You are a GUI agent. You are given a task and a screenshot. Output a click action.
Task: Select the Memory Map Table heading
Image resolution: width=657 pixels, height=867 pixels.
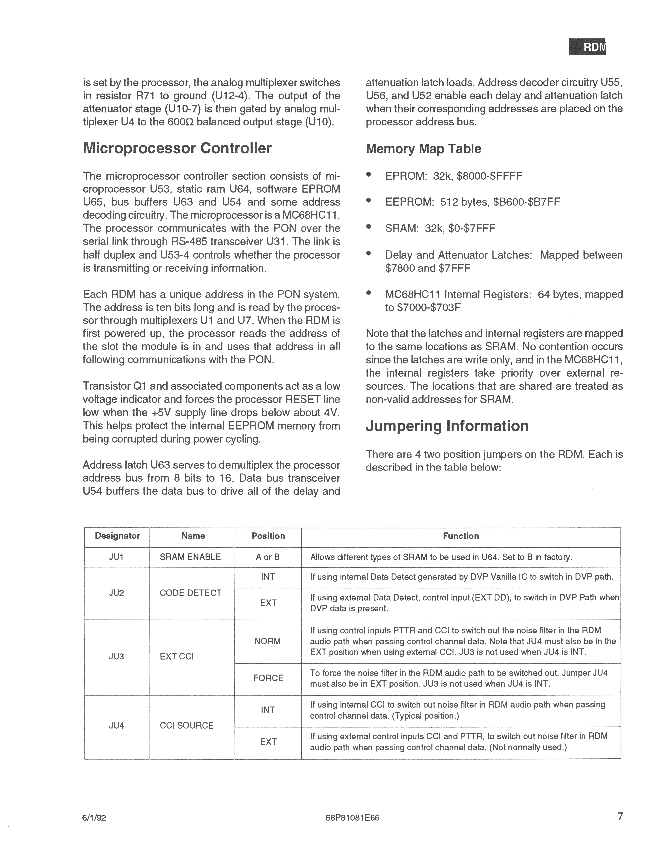tap(423, 149)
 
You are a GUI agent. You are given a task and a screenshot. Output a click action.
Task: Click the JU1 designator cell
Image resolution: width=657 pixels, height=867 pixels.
tap(116, 557)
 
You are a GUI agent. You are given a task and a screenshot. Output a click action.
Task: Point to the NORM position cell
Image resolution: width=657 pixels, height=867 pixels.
tap(268, 641)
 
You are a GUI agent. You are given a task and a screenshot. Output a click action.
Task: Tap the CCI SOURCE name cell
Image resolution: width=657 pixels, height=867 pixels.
tap(187, 725)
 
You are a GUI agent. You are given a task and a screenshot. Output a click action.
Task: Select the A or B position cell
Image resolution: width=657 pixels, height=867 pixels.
tap(268, 557)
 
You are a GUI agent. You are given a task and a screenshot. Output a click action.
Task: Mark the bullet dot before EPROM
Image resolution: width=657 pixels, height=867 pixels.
tap(368, 175)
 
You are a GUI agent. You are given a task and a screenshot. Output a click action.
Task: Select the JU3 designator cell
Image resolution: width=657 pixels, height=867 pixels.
tap(116, 657)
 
